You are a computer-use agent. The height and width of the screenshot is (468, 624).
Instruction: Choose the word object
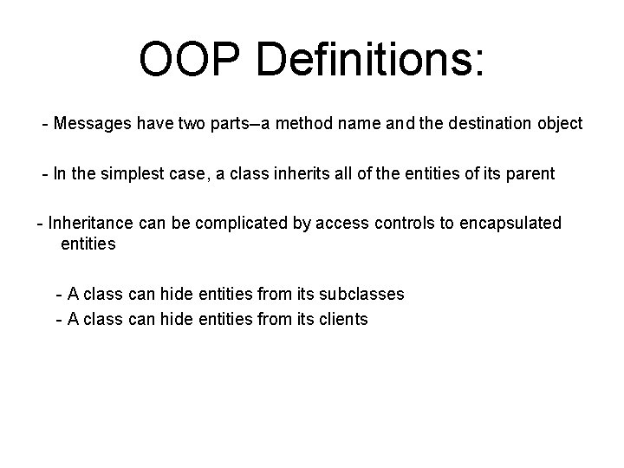[560, 123]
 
